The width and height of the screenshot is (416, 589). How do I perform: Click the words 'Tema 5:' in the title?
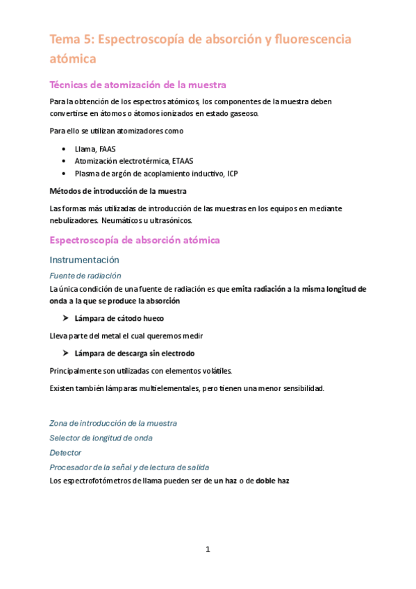(72, 40)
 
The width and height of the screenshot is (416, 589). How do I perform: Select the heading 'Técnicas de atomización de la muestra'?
(138, 85)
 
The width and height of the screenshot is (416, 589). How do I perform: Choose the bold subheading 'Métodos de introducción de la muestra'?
(118, 191)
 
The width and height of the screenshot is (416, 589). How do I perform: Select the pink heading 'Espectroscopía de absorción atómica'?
(135, 240)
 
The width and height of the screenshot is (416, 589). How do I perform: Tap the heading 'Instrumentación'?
(85, 260)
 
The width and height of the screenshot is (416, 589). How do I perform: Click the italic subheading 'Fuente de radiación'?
(85, 275)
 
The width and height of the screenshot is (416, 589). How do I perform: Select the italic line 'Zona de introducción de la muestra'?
(113, 423)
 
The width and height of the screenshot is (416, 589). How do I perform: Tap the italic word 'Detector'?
(65, 452)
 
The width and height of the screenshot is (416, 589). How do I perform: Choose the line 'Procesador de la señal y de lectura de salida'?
(129, 467)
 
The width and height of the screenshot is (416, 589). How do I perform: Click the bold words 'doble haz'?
(272, 480)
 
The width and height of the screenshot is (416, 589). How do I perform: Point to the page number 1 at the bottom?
(208, 549)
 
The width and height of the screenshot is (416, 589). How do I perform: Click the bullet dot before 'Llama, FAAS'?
(64, 149)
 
